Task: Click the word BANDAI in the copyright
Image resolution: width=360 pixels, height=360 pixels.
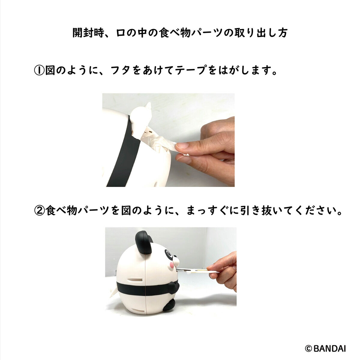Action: click(330, 343)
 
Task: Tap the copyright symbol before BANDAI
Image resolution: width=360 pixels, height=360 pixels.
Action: click(309, 343)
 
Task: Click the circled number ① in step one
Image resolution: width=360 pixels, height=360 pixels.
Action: click(39, 70)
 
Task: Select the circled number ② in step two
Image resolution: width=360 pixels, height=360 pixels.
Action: click(39, 211)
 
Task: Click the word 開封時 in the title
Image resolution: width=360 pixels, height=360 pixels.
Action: click(88, 33)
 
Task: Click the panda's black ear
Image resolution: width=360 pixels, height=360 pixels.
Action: click(144, 242)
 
